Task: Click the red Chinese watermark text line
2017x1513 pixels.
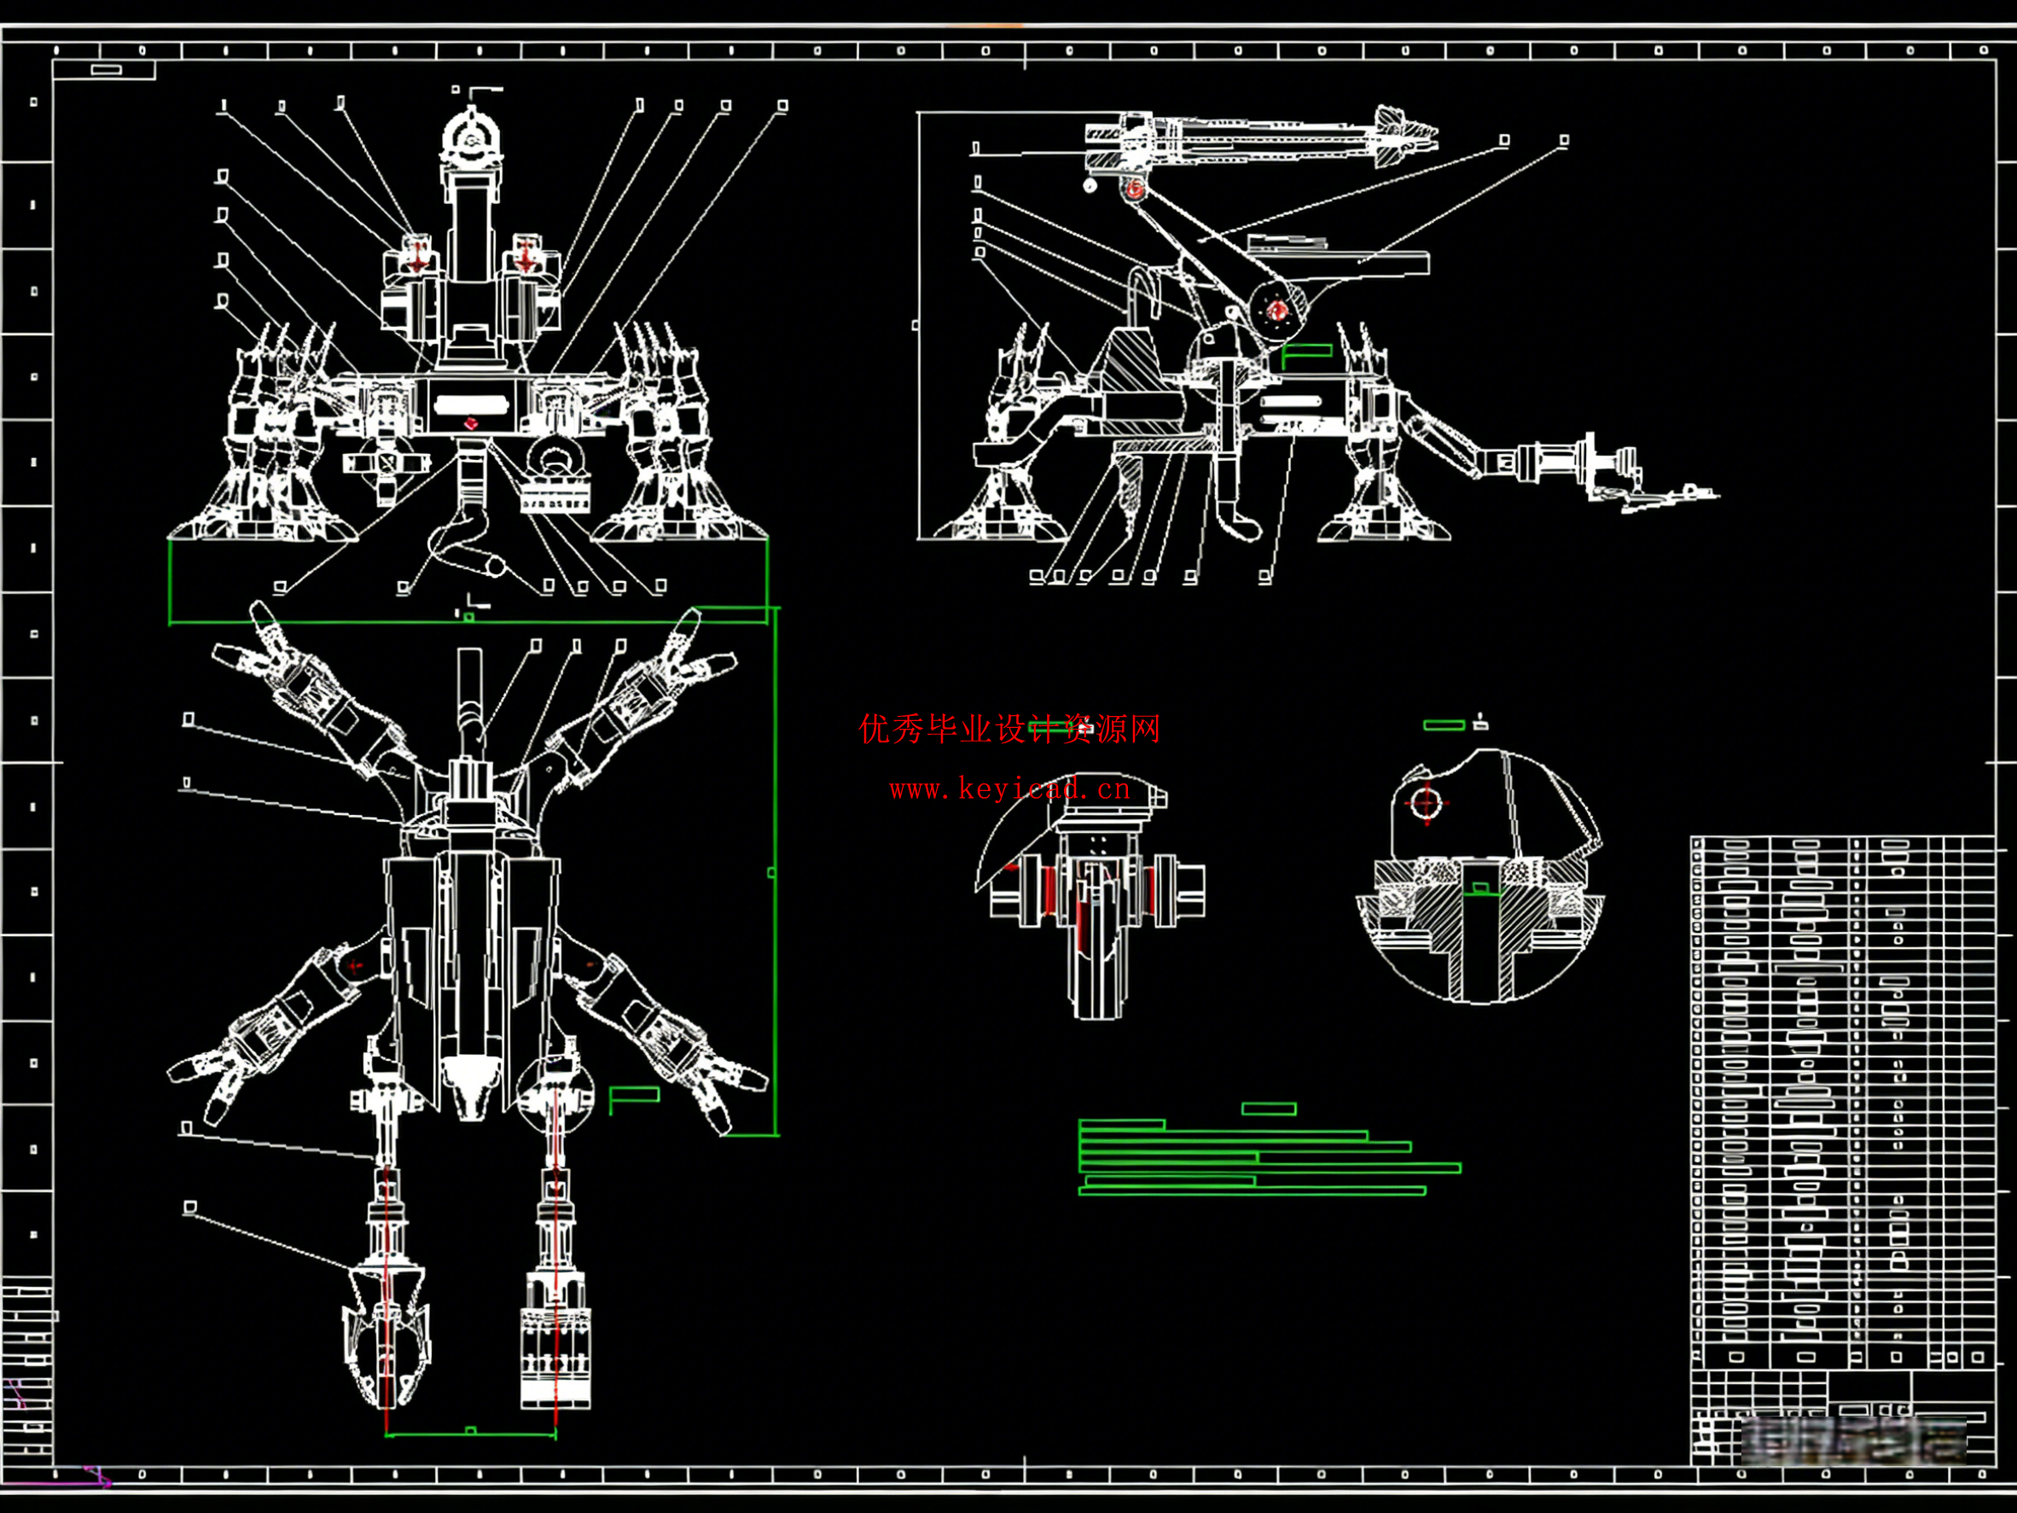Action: coord(1009,729)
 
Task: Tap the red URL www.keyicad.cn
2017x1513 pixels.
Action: coord(1009,789)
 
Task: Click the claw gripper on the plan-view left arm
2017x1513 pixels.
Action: coord(386,1336)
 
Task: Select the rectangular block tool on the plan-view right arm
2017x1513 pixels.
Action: coord(555,1356)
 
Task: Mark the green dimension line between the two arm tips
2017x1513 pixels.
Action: coord(470,1435)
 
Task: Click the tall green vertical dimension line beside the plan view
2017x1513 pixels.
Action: coord(775,871)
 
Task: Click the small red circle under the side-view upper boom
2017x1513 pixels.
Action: coord(1134,189)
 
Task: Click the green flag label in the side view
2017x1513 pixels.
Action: coord(1308,351)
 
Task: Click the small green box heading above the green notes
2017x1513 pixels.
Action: coord(1269,1109)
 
